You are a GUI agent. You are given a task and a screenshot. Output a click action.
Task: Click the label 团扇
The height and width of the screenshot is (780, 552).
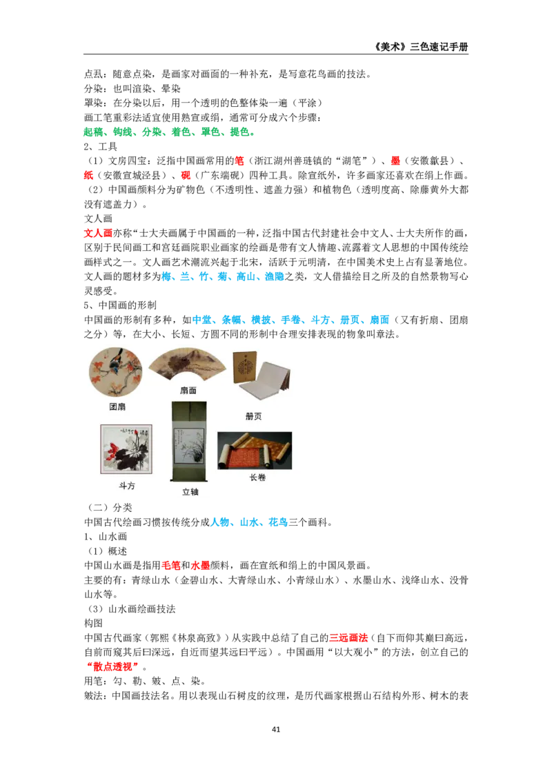117,407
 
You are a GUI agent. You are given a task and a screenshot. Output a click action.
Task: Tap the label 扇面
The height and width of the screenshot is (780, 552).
188,390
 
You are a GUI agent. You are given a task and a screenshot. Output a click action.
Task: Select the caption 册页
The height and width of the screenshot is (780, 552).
253,416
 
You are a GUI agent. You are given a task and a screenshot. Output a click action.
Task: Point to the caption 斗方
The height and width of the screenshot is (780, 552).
127,485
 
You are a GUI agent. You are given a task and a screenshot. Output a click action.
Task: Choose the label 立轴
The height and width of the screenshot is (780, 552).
190,492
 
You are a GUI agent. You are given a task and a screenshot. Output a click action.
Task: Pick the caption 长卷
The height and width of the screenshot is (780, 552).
257,477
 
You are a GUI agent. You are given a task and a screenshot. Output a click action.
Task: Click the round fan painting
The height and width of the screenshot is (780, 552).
116,371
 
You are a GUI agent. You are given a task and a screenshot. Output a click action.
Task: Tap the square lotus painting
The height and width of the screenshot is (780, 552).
126,449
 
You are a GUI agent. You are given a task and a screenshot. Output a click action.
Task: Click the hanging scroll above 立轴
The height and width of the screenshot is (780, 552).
188,441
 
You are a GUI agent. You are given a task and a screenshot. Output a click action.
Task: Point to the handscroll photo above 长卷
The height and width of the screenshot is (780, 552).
255,451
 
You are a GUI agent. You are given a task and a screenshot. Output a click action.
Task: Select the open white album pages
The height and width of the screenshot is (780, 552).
266,382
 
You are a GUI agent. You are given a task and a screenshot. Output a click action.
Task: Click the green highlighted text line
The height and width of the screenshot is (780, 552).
168,132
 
